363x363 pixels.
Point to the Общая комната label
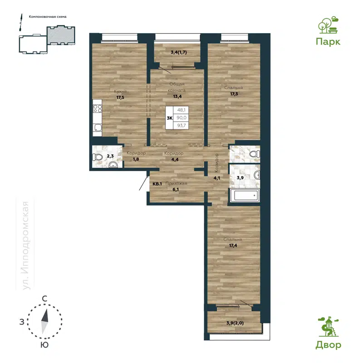pyautogui.click(x=177, y=87)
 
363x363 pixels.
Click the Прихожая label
pyautogui.click(x=175, y=183)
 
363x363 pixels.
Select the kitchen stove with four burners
pyautogui.click(x=97, y=108)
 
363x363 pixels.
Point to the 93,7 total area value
pyautogui.click(x=181, y=125)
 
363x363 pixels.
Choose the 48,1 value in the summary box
pyautogui.click(x=181, y=110)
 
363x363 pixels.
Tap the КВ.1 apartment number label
pyautogui.click(x=157, y=184)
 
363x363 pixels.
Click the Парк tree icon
pyautogui.click(x=328, y=26)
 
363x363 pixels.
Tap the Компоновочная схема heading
pyautogui.click(x=48, y=16)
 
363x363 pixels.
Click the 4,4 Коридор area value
pyautogui.click(x=175, y=160)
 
